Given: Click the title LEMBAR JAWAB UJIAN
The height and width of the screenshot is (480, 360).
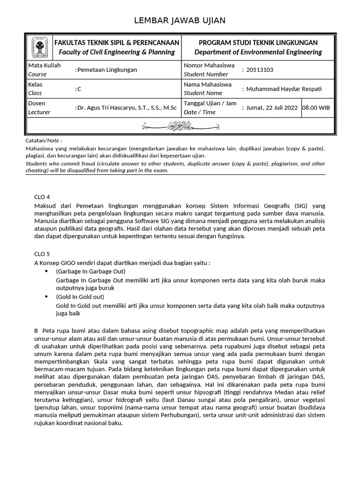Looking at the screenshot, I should pyautogui.click(x=180, y=20).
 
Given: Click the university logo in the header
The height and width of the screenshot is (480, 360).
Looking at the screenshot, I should pyautogui.click(x=39, y=47).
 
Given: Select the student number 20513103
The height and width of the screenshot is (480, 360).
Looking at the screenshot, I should pyautogui.click(x=260, y=70).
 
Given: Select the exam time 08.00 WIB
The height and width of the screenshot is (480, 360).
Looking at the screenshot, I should pyautogui.click(x=316, y=107).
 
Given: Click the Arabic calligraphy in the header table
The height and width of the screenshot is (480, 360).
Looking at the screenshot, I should pyautogui.click(x=180, y=126).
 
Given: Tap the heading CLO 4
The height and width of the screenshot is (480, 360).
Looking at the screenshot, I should pyautogui.click(x=42, y=196).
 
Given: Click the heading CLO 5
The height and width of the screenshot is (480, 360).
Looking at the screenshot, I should pyautogui.click(x=42, y=254).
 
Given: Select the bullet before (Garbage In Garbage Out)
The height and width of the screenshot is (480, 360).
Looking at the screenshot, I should pyautogui.click(x=46, y=271).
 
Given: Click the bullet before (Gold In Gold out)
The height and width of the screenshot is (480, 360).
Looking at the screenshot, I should pyautogui.click(x=46, y=297).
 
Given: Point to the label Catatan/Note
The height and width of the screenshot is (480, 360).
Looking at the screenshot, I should pyautogui.click(x=44, y=140).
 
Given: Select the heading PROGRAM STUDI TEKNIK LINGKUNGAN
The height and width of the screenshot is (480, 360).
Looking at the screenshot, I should pyautogui.click(x=258, y=43).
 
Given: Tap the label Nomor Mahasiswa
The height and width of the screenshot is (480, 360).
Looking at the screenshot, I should pyautogui.click(x=209, y=65).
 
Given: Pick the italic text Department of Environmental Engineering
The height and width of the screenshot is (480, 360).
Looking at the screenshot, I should pyautogui.click(x=258, y=52).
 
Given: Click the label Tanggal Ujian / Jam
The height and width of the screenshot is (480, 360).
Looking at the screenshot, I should pyautogui.click(x=210, y=103).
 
